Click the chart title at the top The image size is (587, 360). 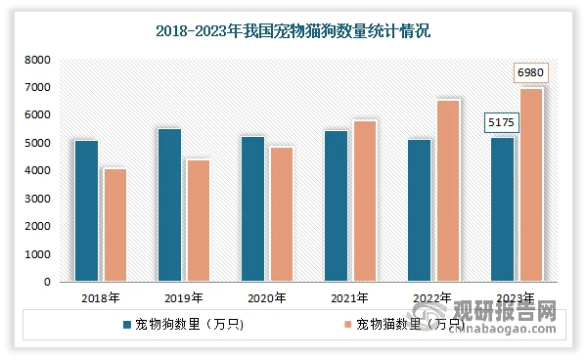point(293,30)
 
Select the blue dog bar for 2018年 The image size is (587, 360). point(86,211)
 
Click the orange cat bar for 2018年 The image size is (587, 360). point(115,225)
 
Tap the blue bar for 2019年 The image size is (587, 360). point(169,205)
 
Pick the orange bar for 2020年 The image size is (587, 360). point(281,214)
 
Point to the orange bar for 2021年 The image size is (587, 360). point(364,202)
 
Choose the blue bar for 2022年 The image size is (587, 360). point(419,210)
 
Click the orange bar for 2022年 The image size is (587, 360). point(447,191)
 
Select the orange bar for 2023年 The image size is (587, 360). point(530,185)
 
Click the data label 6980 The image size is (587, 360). point(530,73)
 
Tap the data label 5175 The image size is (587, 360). point(502,123)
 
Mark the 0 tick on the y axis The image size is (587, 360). point(47,283)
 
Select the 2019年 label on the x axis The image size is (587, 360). point(184,298)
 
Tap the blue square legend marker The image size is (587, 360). point(126,324)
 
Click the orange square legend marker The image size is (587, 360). point(347,324)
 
